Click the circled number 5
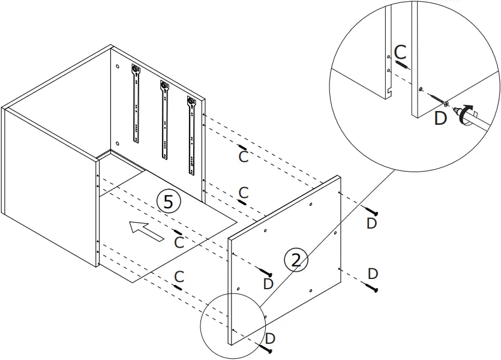click(169, 202)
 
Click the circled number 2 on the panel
click(295, 260)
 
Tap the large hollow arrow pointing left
click(145, 230)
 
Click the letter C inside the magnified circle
click(401, 51)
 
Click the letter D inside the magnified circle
click(440, 118)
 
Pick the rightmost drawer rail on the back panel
click(192, 136)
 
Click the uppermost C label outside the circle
click(243, 156)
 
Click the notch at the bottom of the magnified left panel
click(390, 92)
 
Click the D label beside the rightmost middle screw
click(373, 274)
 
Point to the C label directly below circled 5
click(179, 242)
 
